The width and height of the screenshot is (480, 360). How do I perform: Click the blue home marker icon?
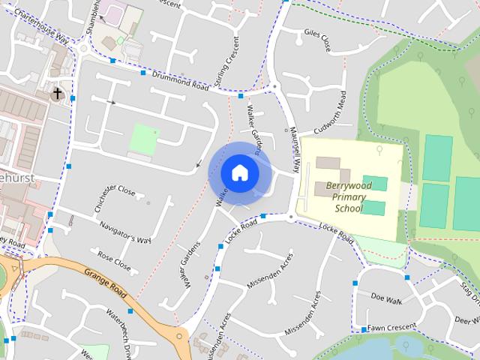click(x=239, y=172)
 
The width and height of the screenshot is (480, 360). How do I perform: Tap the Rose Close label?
click(x=113, y=262)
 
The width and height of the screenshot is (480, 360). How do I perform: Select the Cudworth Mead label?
click(x=330, y=112)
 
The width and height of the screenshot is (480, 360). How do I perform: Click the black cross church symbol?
click(x=58, y=94)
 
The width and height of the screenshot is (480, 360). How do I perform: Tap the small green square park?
click(x=144, y=139)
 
